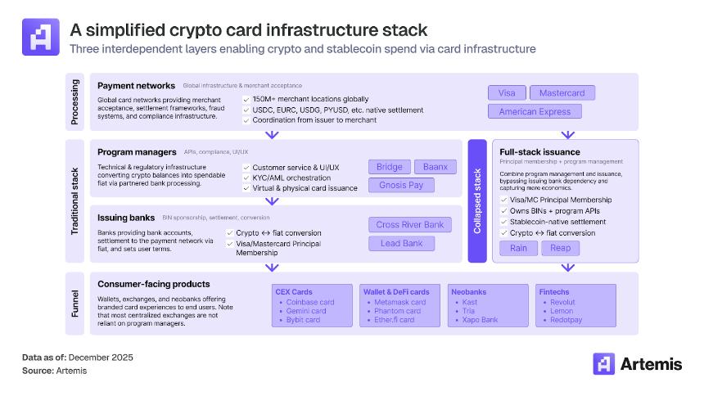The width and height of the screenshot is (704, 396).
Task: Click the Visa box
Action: click(507, 92)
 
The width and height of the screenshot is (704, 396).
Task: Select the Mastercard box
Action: click(562, 92)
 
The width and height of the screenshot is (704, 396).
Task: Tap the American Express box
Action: click(535, 111)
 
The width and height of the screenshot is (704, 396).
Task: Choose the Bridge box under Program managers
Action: click(389, 167)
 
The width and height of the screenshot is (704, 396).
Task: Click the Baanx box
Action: click(435, 167)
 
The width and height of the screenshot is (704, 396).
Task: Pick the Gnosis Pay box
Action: click(401, 185)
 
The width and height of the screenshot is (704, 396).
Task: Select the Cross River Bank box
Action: click(409, 224)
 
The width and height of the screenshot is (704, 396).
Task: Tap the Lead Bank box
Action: click(401, 243)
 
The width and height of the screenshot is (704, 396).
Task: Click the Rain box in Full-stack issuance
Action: click(518, 248)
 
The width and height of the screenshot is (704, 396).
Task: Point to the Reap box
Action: click(561, 248)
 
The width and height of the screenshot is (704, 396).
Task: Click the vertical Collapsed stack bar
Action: click(477, 201)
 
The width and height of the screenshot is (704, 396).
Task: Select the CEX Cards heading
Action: click(294, 291)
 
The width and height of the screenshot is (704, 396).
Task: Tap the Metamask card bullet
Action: click(400, 302)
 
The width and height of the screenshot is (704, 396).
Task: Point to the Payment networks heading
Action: click(136, 85)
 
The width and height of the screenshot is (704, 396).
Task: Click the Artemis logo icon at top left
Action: click(40, 37)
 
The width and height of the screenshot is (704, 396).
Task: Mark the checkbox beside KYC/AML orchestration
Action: click(246, 178)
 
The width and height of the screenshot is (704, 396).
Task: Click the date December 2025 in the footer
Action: click(101, 358)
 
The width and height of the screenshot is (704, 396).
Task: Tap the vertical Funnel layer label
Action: click(75, 303)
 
